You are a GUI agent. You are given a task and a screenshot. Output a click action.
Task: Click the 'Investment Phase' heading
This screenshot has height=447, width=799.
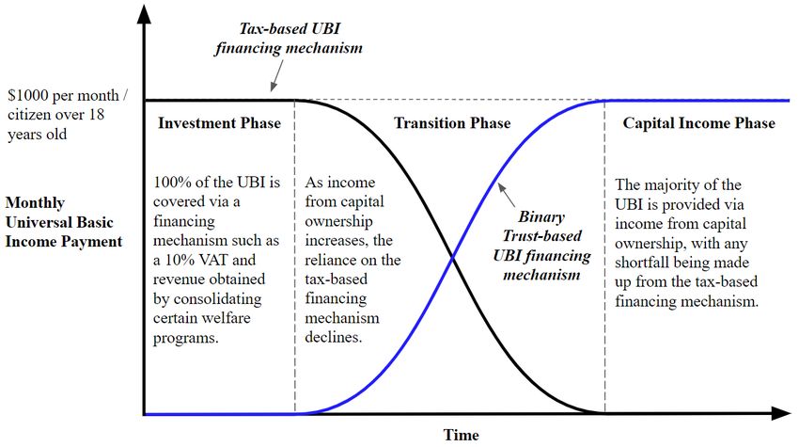[219, 123]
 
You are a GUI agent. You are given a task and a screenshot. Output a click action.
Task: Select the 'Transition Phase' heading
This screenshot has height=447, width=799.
[452, 123]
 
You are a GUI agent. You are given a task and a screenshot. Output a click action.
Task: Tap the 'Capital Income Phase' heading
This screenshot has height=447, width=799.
[698, 123]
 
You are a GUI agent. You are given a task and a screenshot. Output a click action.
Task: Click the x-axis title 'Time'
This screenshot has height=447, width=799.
[462, 435]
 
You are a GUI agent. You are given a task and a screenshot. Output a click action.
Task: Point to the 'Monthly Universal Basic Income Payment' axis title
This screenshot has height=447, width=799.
[64, 222]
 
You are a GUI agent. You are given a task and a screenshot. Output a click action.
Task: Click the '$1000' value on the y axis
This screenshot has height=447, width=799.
[28, 95]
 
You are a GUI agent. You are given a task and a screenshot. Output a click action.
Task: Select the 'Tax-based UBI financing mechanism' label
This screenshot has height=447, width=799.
[289, 39]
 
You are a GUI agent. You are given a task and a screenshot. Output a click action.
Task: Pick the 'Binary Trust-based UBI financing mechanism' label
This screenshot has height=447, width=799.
[541, 246]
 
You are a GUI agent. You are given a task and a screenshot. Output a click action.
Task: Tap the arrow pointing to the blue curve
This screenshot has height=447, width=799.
[506, 195]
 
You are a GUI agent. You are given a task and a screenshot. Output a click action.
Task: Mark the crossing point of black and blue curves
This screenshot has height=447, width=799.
[452, 258]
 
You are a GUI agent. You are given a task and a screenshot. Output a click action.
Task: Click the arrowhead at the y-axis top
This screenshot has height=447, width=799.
[145, 14]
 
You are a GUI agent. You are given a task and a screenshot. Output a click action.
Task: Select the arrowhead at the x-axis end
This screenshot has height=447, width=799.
[781, 413]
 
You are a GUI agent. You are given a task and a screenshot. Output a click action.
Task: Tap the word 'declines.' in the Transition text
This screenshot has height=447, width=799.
[334, 337]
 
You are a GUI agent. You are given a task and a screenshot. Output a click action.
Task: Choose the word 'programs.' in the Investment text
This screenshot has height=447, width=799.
[186, 339]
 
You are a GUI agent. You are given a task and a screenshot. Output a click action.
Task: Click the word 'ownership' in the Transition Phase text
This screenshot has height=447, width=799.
[338, 222]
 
